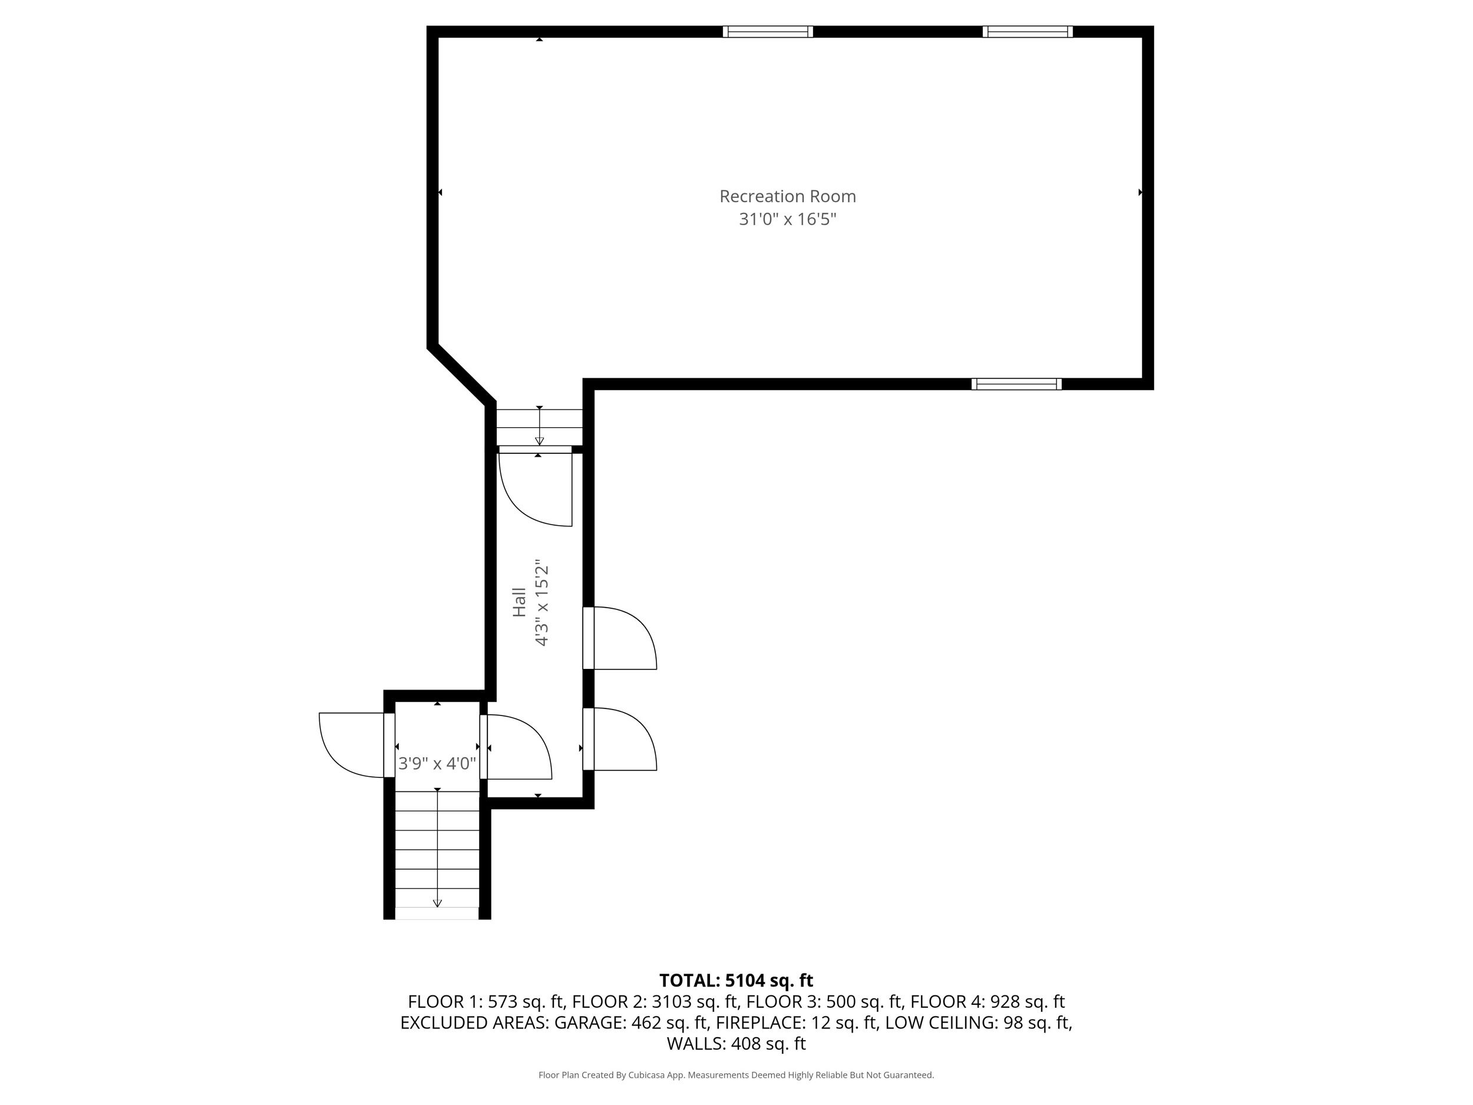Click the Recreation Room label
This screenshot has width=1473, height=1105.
pos(787,196)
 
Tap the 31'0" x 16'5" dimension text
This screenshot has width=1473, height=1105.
pos(787,219)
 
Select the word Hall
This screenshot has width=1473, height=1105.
pos(520,602)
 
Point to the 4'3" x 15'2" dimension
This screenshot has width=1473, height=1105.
pos(541,603)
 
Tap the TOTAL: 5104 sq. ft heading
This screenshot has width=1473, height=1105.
pos(736,981)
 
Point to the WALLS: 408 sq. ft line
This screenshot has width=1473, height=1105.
pos(736,1043)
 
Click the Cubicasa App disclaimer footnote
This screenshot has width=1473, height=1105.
pos(736,1074)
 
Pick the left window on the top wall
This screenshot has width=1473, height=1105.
pos(768,31)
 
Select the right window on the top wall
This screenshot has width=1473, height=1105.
pos(1028,31)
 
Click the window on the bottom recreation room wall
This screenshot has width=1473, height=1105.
pos(1016,384)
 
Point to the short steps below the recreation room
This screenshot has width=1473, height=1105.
pos(539,427)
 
